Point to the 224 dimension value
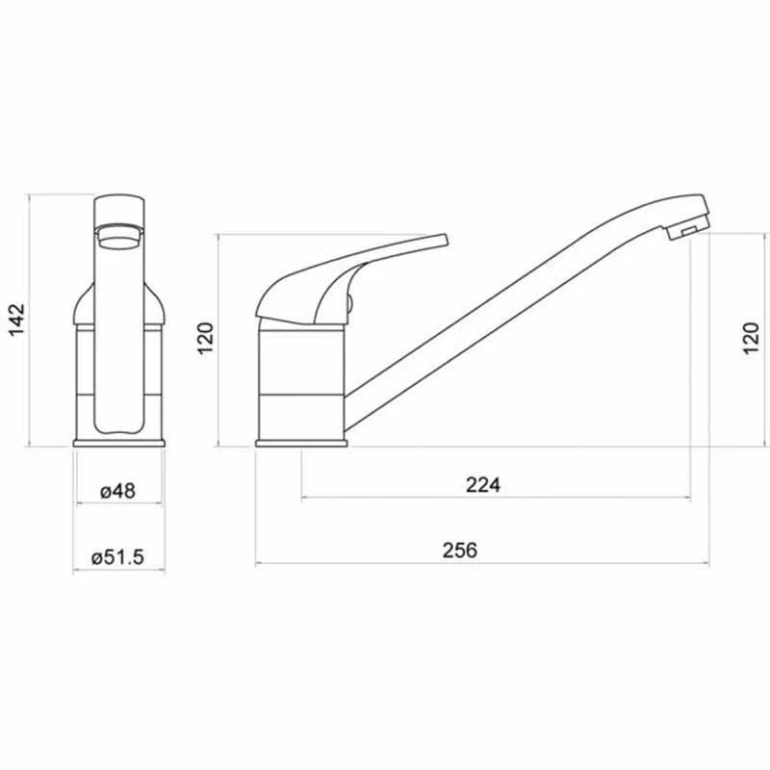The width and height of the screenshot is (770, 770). [x=483, y=485]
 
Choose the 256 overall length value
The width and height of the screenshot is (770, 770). [x=460, y=551]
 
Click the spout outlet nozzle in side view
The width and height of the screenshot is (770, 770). [x=684, y=232]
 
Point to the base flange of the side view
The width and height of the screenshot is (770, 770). [x=300, y=443]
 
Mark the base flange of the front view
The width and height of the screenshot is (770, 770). [x=118, y=443]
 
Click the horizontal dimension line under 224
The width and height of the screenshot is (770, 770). [x=496, y=499]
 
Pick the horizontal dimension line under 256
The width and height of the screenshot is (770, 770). [x=481, y=565]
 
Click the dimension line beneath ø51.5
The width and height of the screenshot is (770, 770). [x=118, y=571]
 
